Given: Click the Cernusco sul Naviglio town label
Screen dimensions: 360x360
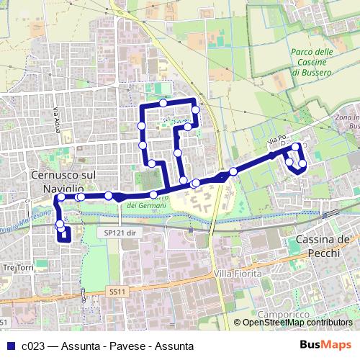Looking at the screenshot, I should point(63,180).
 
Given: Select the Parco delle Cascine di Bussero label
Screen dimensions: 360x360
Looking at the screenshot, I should point(312,63).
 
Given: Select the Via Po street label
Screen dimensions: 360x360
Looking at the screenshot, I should point(276,138).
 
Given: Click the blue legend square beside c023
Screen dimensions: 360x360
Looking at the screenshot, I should point(10,346).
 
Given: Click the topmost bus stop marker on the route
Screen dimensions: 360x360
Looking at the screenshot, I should point(164,103).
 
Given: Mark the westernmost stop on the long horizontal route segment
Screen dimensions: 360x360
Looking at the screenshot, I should point(61,197).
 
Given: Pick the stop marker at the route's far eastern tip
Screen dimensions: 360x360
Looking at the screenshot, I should point(302,164).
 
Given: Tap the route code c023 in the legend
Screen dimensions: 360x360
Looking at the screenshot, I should point(35,346).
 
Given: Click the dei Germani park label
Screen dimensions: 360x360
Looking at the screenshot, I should point(146,205).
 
